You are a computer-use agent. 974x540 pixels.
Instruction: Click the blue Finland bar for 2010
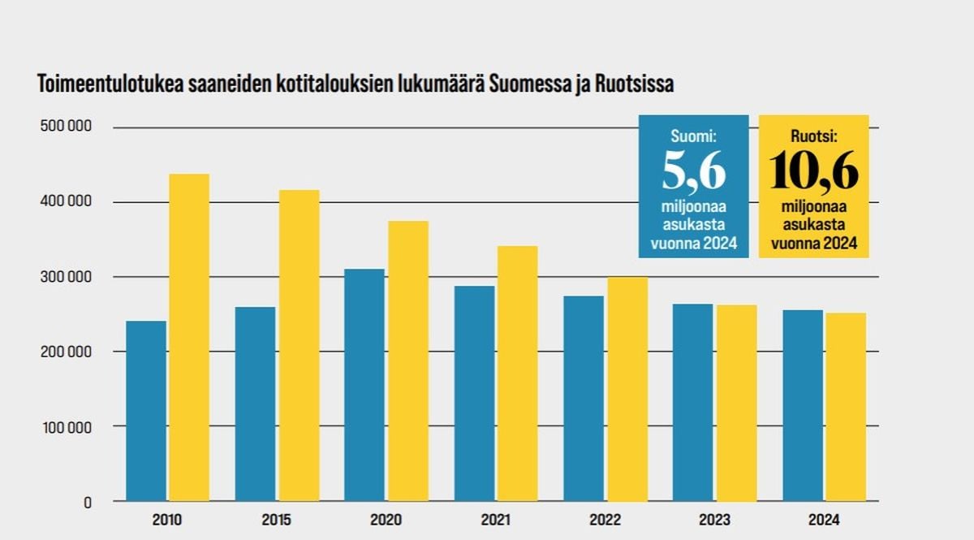(146, 411)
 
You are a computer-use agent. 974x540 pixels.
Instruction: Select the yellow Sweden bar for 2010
(188, 337)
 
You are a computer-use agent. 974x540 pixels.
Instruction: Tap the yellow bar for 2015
(299, 345)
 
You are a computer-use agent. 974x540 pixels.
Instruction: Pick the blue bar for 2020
(364, 385)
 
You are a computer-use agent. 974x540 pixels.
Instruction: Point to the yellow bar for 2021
(517, 374)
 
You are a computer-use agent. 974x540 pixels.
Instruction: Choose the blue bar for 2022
(584, 399)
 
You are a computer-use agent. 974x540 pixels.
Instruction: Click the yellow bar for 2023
(736, 403)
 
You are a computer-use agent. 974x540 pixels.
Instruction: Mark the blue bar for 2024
(803, 405)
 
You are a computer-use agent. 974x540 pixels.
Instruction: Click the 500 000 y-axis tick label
(64, 127)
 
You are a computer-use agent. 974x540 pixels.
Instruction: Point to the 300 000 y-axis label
(64, 277)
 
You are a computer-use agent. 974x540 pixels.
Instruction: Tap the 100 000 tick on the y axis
(64, 426)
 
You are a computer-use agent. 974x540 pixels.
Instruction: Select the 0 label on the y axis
(87, 503)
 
